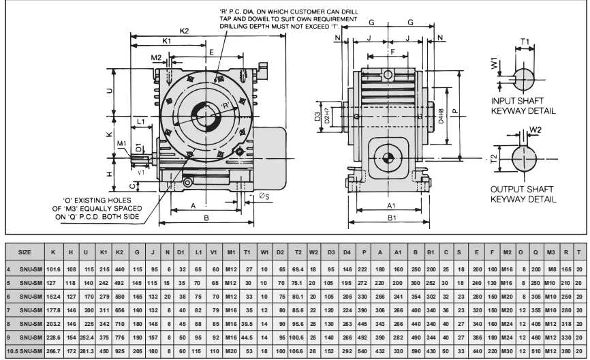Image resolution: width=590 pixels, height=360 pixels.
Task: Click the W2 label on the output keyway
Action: (x=535, y=129)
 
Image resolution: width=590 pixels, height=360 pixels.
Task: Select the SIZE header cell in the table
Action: (x=24, y=252)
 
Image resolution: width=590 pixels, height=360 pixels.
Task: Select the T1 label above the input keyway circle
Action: (x=525, y=41)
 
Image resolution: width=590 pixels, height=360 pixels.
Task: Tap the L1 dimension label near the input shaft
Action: (x=141, y=121)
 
